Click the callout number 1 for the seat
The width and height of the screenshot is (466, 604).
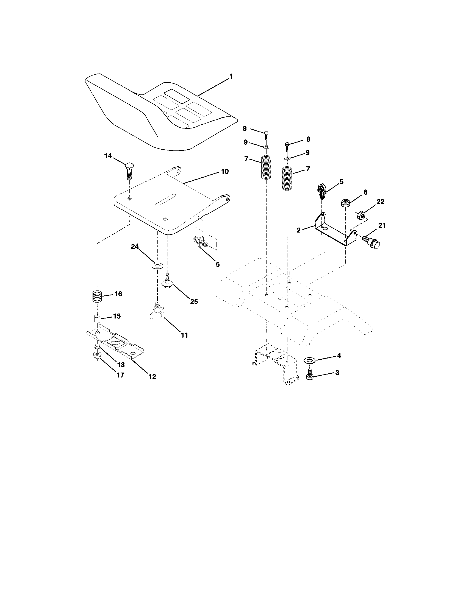coord(231,77)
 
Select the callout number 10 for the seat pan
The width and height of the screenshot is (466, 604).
coord(225,172)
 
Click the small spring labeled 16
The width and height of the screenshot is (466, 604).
coord(97,297)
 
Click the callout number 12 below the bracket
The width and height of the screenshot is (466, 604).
coord(152,376)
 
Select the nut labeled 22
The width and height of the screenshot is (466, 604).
coord(361,214)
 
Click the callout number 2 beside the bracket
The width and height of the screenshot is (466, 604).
coord(299,230)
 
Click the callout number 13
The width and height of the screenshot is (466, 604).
coord(121,365)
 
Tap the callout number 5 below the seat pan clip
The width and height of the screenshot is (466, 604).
coord(218,265)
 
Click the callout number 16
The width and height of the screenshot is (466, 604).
coord(118,294)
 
